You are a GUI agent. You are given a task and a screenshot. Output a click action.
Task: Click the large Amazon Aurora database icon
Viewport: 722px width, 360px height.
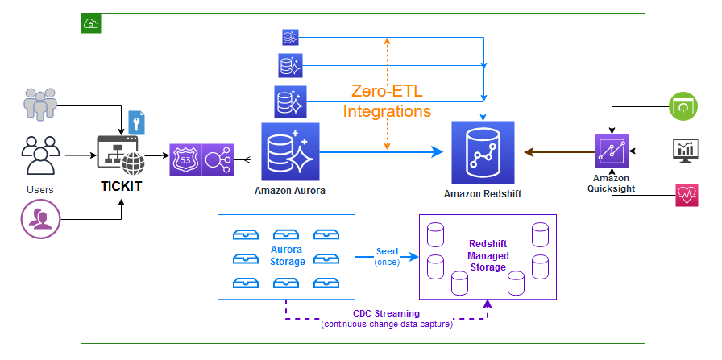(290, 151)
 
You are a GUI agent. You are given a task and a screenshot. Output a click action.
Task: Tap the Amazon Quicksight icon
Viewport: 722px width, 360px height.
(611, 151)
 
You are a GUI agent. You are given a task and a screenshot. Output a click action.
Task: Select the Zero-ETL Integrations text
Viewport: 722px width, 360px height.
(387, 101)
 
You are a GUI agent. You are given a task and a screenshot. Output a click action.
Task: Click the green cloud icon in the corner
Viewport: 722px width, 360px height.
(91, 23)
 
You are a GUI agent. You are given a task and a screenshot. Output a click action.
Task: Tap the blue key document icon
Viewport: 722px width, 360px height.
(137, 122)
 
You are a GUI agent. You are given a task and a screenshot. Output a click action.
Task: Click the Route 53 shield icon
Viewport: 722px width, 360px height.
(185, 160)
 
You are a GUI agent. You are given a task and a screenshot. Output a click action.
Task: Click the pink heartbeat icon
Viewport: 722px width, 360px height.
(687, 196)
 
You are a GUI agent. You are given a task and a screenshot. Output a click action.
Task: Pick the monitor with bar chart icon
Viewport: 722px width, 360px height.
(687, 151)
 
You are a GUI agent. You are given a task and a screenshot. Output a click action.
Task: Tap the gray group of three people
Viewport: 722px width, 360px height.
(40, 103)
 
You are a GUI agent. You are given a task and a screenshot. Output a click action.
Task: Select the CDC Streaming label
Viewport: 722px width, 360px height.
(387, 313)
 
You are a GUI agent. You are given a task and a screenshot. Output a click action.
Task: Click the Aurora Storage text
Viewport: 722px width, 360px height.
(288, 255)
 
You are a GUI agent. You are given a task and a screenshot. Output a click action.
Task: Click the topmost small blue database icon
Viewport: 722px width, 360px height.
(290, 37)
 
